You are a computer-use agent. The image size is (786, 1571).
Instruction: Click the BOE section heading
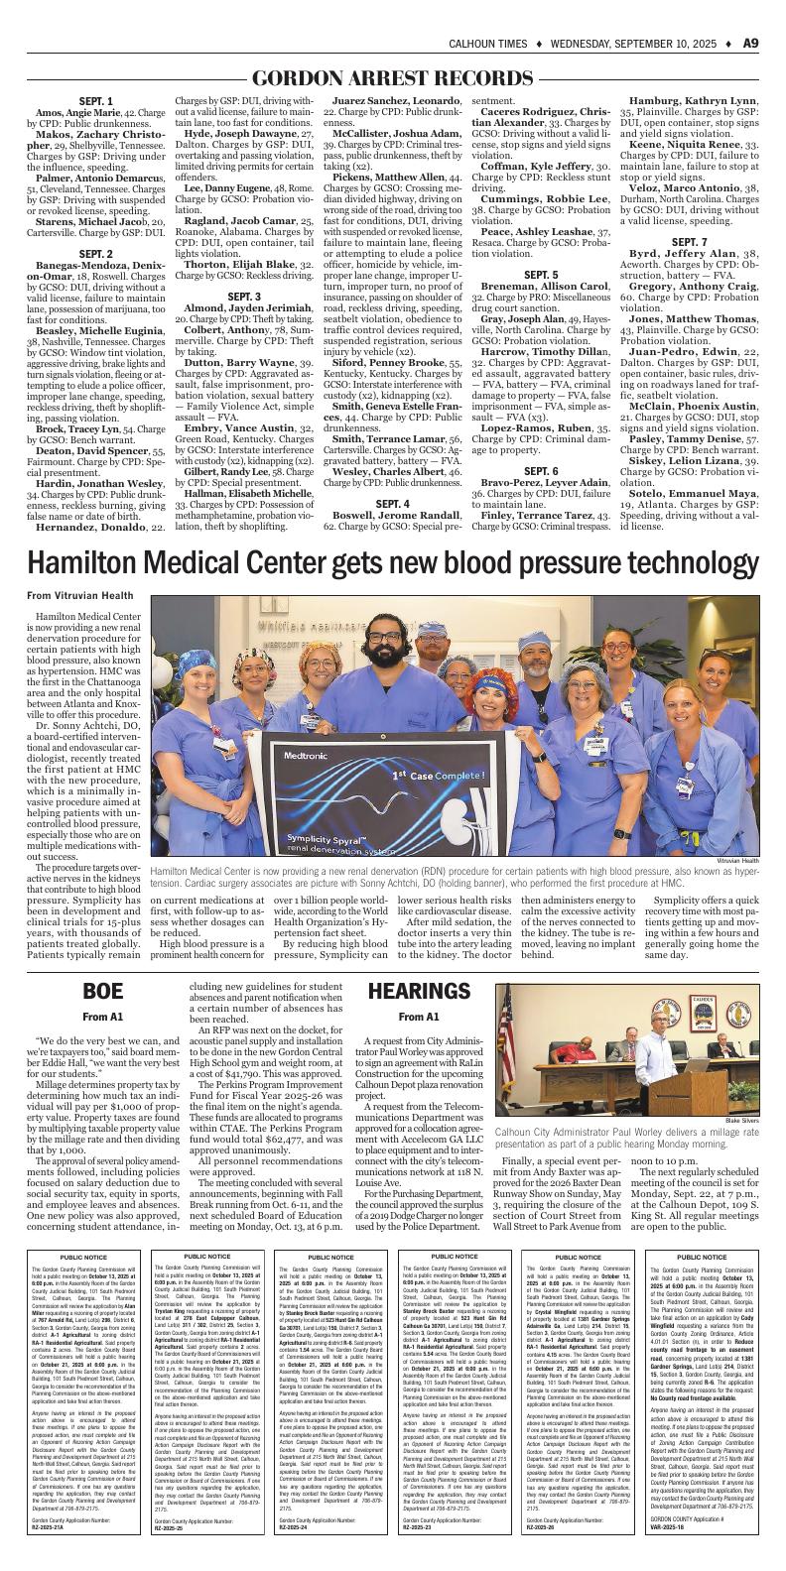(102, 990)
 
